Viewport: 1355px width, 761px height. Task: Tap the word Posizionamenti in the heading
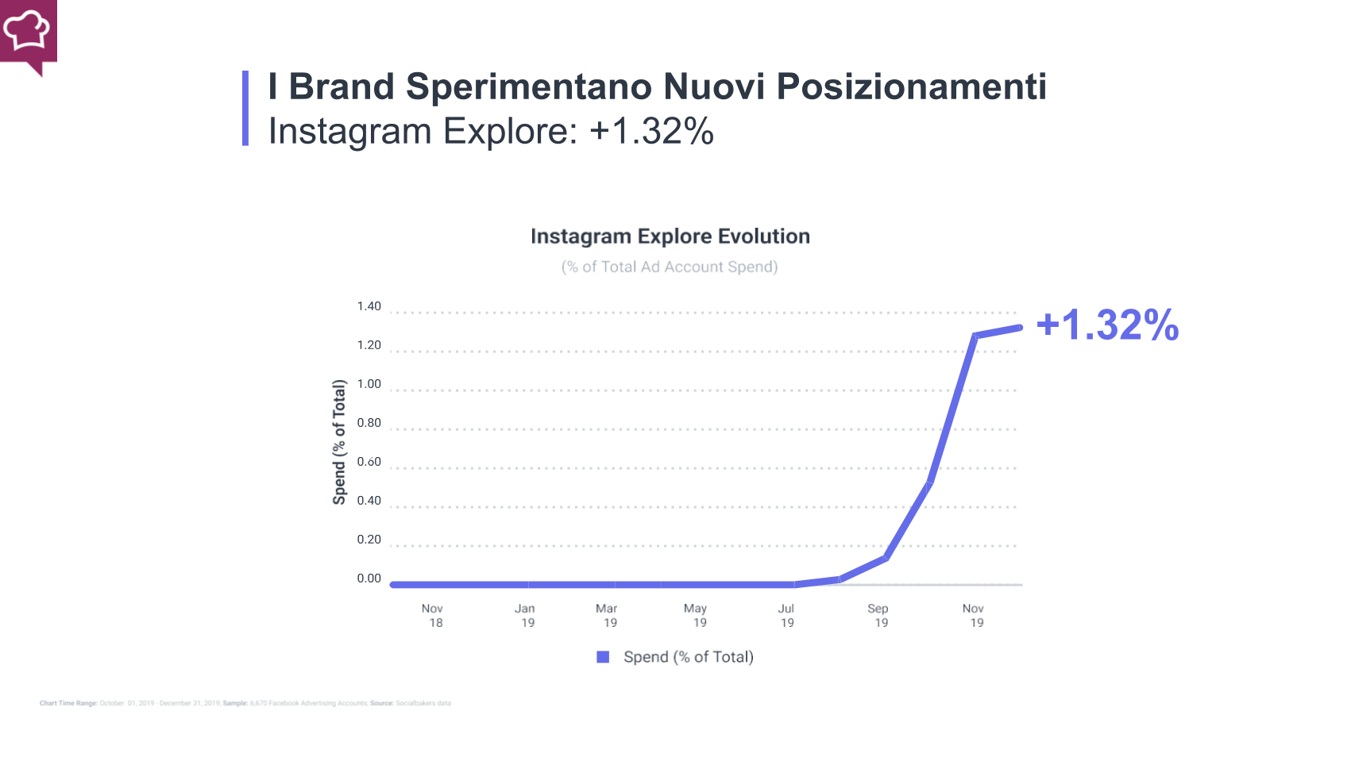coord(911,86)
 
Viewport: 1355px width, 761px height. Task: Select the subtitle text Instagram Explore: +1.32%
coord(491,132)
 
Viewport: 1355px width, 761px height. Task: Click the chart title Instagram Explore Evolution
coord(670,236)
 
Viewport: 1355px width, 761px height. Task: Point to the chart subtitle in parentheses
coord(670,267)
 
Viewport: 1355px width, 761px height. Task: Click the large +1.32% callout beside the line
coord(1107,325)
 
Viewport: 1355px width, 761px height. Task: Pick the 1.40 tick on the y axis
coord(369,306)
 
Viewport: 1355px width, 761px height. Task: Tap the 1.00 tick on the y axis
coord(369,384)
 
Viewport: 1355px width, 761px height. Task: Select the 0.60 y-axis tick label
coord(369,462)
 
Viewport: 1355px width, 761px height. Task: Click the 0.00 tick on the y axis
coord(369,578)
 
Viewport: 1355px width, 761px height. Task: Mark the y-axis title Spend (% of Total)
coord(339,442)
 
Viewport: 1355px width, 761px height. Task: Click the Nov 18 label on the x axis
coord(433,616)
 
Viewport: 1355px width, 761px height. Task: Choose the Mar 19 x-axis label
coord(607,616)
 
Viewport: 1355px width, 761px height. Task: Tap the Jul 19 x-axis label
coord(786,616)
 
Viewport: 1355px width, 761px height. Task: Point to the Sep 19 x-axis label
coord(878,616)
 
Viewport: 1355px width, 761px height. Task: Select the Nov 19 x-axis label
coord(974,616)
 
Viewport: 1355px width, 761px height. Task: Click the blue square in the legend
coord(603,657)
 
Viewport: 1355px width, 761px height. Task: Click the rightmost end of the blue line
coord(1019,328)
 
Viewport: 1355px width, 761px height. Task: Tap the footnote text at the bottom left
coord(245,703)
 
